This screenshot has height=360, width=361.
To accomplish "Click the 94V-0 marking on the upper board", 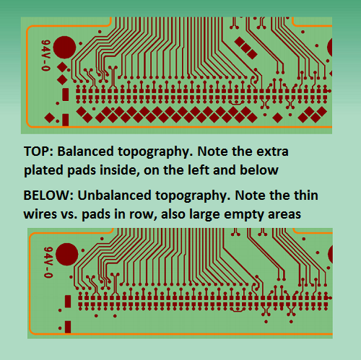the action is point(45,56).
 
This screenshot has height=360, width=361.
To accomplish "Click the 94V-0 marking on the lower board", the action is point(48,262).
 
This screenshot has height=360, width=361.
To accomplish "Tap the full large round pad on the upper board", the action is point(64,48).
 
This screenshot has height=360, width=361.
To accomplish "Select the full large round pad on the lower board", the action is point(67,254).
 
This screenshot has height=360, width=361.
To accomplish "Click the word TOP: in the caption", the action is point(38,152).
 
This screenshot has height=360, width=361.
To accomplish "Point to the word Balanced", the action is point(85,152).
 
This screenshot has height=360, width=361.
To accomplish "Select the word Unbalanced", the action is point(114,196).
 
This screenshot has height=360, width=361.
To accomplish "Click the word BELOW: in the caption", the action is point(48,196).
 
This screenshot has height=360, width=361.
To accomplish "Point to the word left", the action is point(199,170).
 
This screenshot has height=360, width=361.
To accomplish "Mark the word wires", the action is point(40,214).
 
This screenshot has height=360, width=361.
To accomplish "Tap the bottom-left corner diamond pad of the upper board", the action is point(49,118).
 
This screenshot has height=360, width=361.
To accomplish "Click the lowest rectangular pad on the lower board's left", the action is point(68,327).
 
